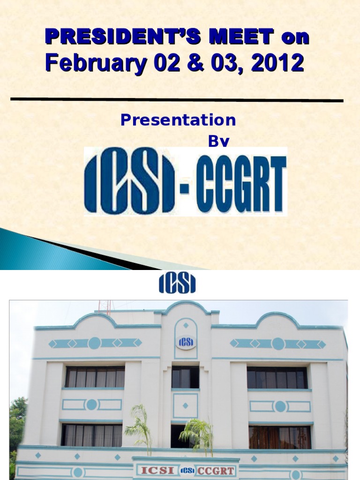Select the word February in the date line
[91, 63]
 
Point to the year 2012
[277, 63]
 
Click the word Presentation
[178, 120]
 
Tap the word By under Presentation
[219, 142]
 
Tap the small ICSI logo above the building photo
[177, 284]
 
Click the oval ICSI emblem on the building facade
[186, 342]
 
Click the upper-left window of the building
[95, 377]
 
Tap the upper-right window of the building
[277, 377]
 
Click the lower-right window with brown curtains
[279, 437]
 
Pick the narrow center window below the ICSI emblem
[185, 377]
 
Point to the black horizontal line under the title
[177, 99]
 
